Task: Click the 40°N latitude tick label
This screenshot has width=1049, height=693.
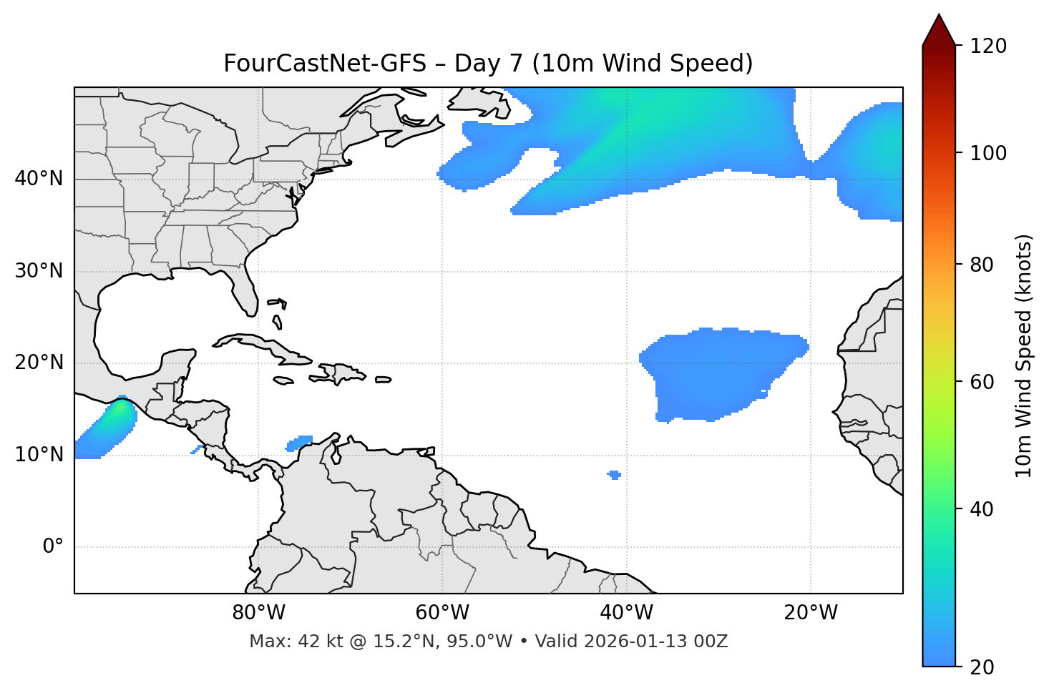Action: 39,179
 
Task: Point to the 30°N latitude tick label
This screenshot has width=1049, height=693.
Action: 39,271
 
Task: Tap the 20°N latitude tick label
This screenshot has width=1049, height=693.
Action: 39,363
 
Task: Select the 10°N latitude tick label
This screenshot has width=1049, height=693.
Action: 39,455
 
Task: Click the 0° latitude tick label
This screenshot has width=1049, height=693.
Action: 53,547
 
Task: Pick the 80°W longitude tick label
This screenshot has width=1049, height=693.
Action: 258,613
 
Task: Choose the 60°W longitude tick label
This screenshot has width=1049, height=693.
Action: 442,613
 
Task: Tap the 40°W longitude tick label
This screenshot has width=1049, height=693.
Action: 626,613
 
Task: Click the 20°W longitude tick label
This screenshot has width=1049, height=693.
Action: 810,613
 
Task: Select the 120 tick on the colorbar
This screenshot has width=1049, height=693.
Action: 989,46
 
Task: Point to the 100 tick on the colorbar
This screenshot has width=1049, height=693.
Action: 989,153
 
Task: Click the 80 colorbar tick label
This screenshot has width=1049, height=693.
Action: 981,265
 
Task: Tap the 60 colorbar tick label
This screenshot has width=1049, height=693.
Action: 981,382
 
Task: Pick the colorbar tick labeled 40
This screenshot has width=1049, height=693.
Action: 981,509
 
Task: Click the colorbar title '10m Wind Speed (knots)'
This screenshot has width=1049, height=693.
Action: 1024,355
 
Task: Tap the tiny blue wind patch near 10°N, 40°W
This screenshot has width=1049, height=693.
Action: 614,475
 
